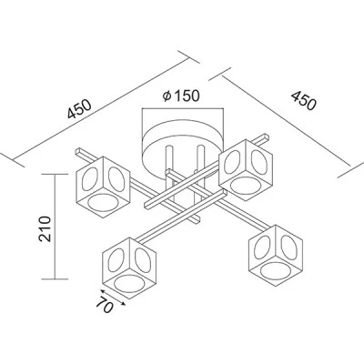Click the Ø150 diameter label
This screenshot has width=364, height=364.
(181, 96)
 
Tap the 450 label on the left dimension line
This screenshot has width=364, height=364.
(79, 108)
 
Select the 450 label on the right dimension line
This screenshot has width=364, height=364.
(304, 100)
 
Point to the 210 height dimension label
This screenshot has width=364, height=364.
(45, 228)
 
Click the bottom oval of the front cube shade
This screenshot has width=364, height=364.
(128, 283)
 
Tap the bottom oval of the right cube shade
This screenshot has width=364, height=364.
(275, 269)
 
